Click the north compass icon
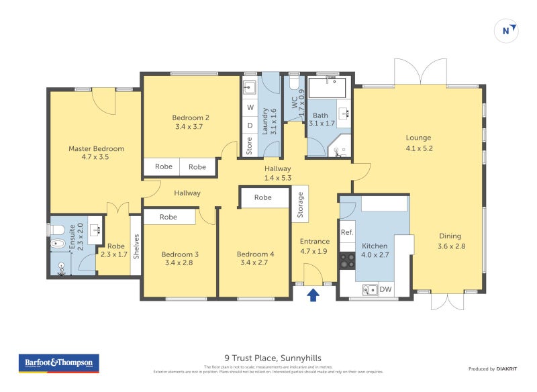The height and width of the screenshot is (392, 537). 508,30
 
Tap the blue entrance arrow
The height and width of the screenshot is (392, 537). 313,295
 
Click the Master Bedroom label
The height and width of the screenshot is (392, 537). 96,153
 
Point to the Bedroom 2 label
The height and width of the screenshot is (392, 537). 188,121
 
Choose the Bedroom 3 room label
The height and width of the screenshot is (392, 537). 180,258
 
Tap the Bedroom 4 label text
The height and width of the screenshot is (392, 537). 255,258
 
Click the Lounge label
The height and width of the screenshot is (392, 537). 418,143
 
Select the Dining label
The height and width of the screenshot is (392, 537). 450,241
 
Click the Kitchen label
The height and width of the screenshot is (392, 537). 375,250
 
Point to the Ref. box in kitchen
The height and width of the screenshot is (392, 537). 347,232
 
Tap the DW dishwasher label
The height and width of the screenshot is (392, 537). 385,290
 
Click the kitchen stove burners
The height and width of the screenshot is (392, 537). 347,260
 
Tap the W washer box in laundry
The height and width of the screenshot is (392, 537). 250,107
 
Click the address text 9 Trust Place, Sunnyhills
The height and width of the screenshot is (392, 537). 268,358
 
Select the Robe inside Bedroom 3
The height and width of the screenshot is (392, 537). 168,217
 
